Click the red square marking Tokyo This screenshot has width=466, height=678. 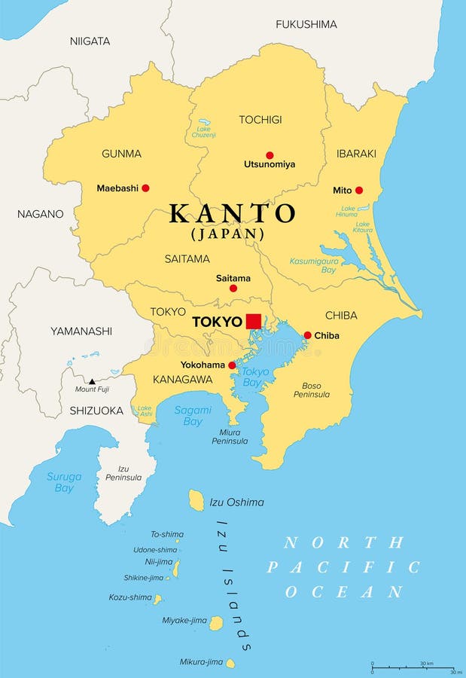point(253,322)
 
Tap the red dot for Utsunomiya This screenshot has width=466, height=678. point(270,155)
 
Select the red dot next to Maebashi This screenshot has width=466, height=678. point(145,188)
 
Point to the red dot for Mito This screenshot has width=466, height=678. point(358,191)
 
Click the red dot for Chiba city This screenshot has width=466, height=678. point(307,335)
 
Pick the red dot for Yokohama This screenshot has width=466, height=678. point(232,365)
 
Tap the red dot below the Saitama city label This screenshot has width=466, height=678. point(233,289)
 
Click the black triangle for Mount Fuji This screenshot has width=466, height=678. point(91,381)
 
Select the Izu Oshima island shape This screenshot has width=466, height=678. point(196,500)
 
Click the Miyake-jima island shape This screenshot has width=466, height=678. point(216,623)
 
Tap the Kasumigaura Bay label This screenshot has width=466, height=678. point(313,265)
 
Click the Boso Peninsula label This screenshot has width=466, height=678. point(311,389)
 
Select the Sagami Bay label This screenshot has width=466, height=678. point(193,415)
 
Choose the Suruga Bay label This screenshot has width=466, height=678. point(64,482)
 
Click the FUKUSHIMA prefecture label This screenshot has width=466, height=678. point(306,24)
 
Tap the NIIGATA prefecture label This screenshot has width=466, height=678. point(90,41)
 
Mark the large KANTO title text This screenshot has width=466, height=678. point(232,214)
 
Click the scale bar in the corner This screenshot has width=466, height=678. point(413,667)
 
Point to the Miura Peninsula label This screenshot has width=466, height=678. point(230,436)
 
